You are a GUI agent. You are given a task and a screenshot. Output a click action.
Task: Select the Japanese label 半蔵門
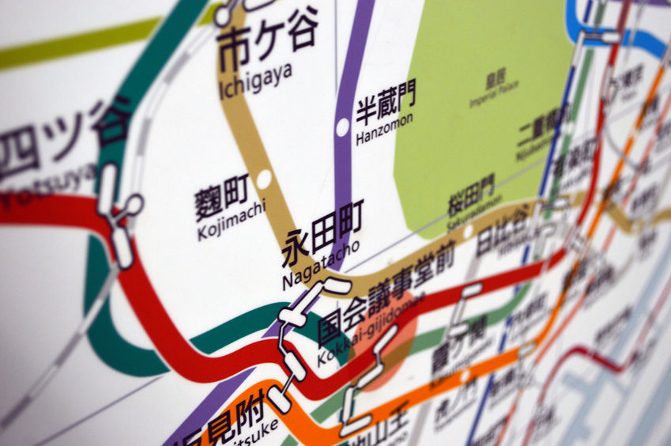pyautogui.click(x=385, y=104)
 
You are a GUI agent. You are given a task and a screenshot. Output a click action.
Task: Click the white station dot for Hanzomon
pyautogui.click(x=342, y=126)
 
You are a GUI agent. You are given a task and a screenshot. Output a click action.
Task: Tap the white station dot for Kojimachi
pyautogui.click(x=264, y=179)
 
